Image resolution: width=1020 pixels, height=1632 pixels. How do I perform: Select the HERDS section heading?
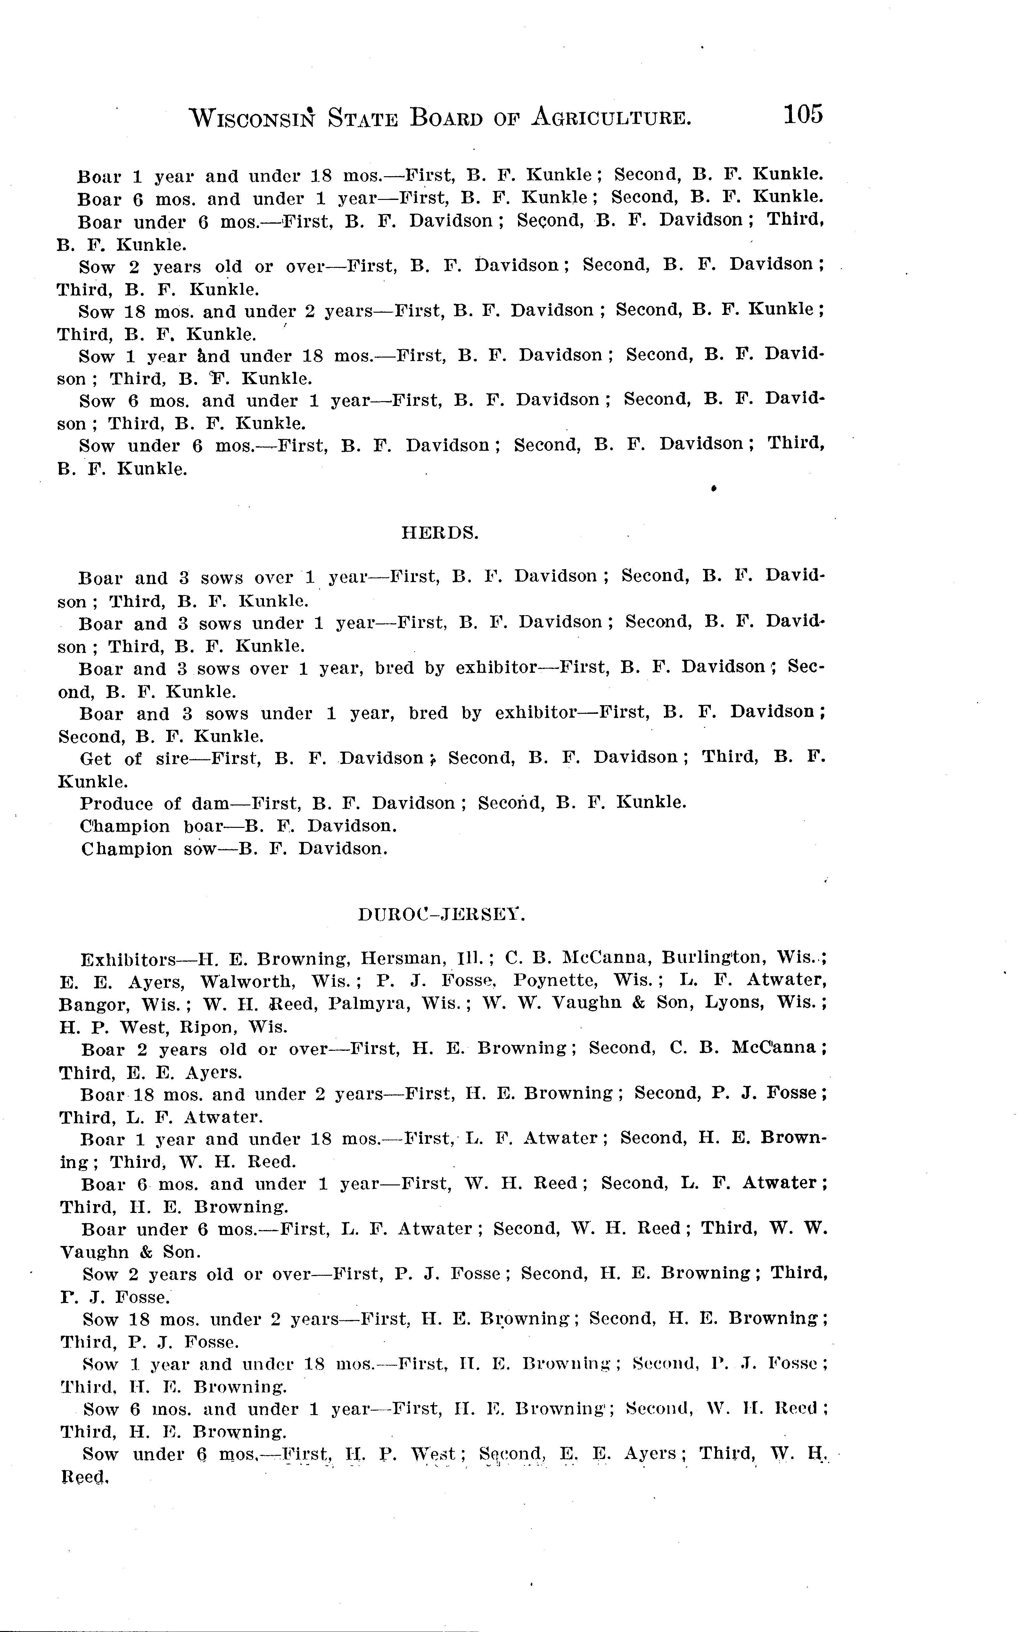click(x=440, y=533)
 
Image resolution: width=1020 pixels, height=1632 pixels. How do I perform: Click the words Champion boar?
click(x=152, y=827)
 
